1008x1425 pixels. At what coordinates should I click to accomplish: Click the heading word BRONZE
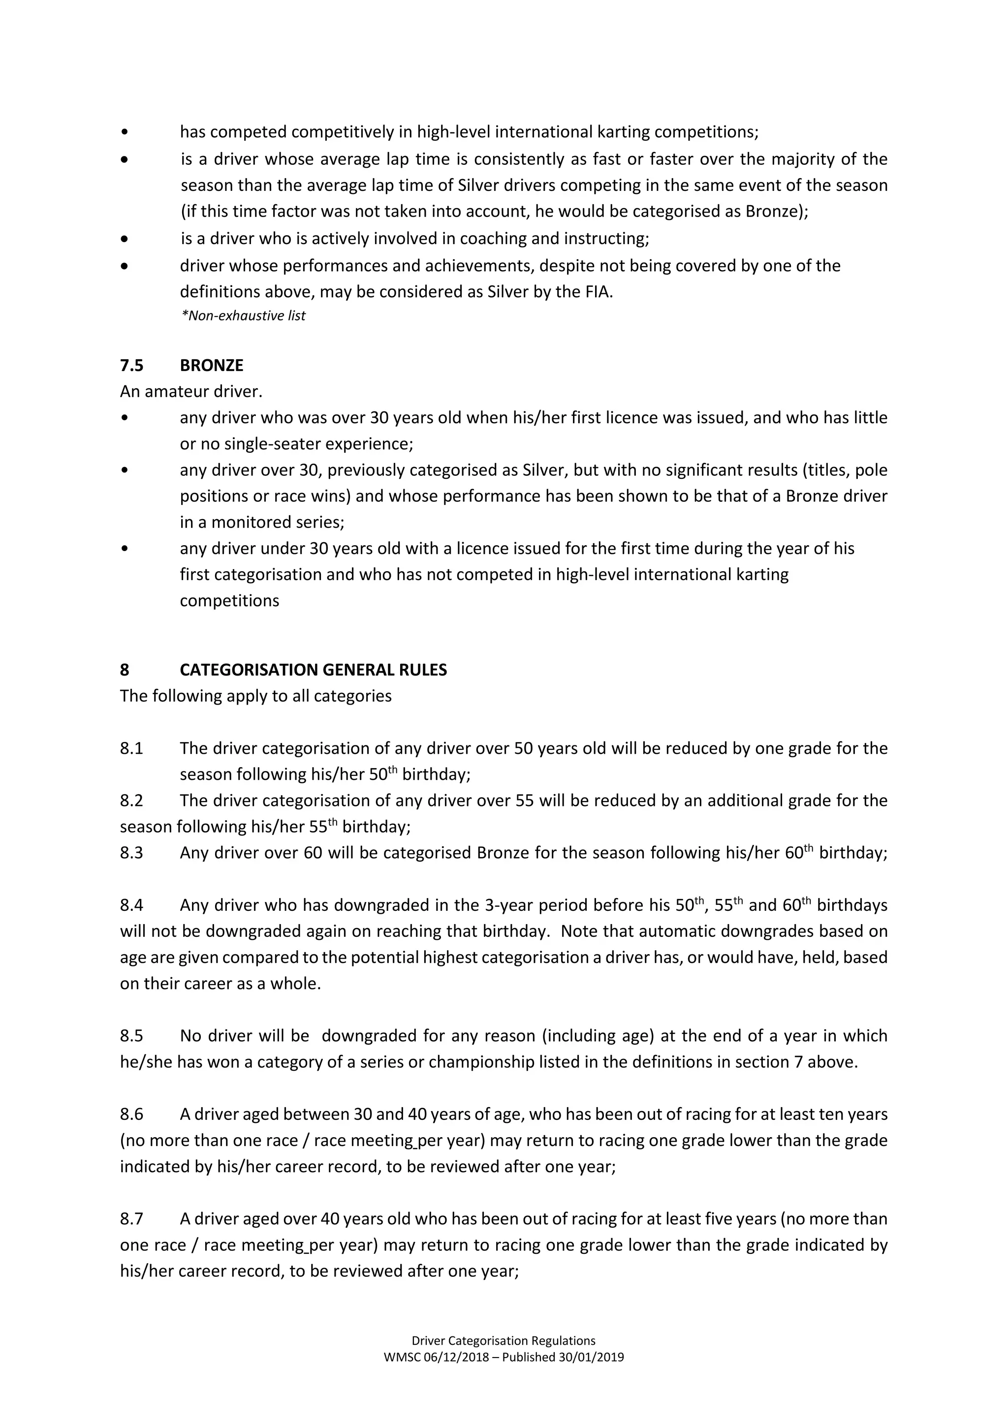[x=211, y=366]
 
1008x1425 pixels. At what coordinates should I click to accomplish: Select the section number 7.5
[x=131, y=366]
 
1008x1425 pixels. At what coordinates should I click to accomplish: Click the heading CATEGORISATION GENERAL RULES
[x=313, y=670]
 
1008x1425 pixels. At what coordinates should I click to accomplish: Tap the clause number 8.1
[x=131, y=748]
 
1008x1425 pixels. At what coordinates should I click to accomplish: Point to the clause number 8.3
[x=131, y=853]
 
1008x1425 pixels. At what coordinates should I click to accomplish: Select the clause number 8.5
[x=131, y=1036]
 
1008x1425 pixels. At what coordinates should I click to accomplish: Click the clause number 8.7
[x=131, y=1219]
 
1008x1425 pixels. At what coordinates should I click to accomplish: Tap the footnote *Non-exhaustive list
[x=243, y=316]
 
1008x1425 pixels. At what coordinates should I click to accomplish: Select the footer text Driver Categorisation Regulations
[x=504, y=1340]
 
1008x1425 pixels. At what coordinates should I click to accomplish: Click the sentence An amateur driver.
[x=191, y=392]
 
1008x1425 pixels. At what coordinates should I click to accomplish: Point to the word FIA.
[x=598, y=292]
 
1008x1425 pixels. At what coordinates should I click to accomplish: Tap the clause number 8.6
[x=131, y=1114]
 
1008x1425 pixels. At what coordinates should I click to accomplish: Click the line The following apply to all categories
[x=256, y=696]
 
